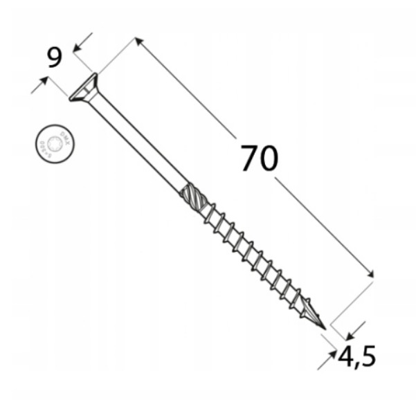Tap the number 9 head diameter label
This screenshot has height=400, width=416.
coord(55,57)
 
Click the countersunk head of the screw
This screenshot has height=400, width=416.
coord(84,88)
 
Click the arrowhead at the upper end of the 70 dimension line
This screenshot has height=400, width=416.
coord(139,42)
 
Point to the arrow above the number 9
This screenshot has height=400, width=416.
coord(78,45)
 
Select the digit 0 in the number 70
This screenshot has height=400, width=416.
coord(269,158)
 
